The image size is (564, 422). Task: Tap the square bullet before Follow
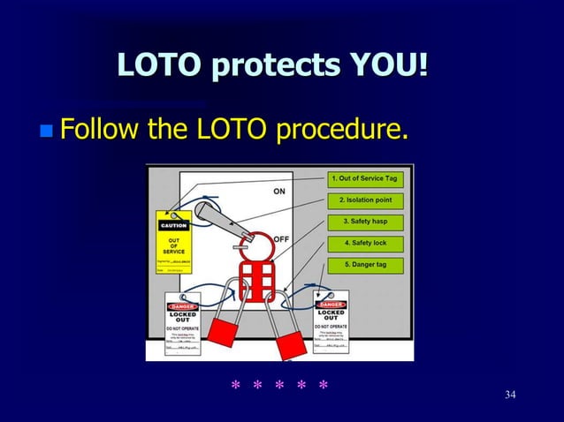pyautogui.click(x=46, y=132)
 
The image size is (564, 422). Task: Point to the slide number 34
pyautogui.click(x=510, y=394)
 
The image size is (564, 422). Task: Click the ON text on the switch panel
pyautogui.click(x=279, y=192)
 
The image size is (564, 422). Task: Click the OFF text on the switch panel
pyautogui.click(x=281, y=239)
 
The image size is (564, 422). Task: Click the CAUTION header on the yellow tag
pyautogui.click(x=173, y=225)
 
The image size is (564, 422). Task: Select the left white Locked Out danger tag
pyautogui.click(x=183, y=327)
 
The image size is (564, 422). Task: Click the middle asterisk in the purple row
pyautogui.click(x=279, y=387)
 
